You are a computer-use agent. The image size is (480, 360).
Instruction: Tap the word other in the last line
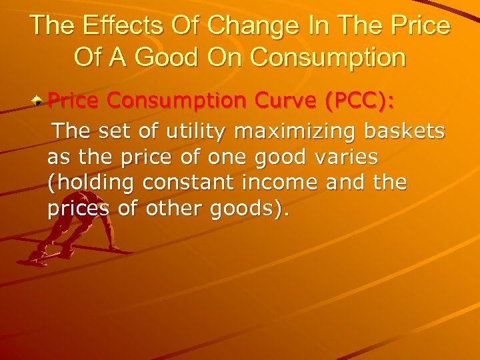coord(171,209)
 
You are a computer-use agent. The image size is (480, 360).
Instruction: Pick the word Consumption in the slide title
coord(328,57)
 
